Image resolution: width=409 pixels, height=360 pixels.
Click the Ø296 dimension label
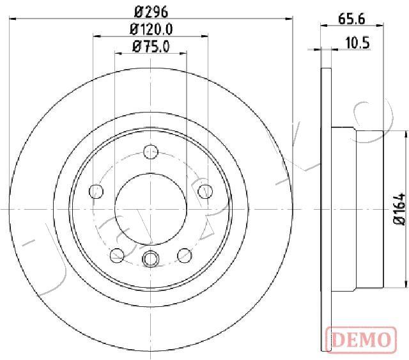click(x=151, y=12)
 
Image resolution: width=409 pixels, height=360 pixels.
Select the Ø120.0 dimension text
click(x=151, y=29)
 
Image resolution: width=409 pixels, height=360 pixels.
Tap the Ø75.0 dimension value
click(x=151, y=47)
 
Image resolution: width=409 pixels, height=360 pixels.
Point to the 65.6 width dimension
click(x=351, y=19)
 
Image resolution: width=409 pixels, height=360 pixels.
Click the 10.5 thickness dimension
click(x=357, y=43)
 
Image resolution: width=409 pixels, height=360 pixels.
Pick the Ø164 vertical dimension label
click(x=399, y=209)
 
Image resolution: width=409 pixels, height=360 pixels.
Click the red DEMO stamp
click(x=361, y=339)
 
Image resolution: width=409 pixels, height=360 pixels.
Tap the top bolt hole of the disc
click(x=151, y=152)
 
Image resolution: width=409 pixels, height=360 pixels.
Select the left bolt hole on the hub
click(x=96, y=191)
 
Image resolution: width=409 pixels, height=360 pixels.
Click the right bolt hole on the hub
click(x=205, y=191)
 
